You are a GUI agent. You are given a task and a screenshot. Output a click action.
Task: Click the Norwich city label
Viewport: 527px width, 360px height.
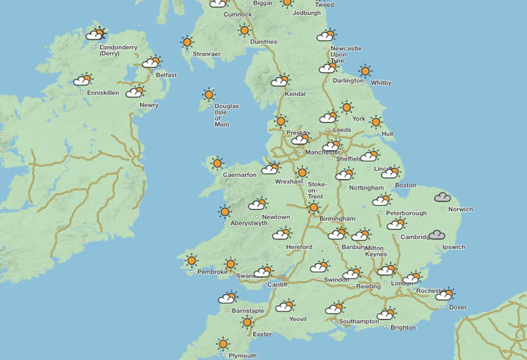click(460, 209)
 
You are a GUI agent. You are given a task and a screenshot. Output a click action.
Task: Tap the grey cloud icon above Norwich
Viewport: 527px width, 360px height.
click(443, 197)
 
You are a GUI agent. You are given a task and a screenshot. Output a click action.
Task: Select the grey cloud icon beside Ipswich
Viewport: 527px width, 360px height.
click(437, 235)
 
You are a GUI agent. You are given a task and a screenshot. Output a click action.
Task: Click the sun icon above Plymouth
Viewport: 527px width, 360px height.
click(223, 344)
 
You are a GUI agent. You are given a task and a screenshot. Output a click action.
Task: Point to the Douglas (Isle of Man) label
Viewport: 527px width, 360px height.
click(226, 115)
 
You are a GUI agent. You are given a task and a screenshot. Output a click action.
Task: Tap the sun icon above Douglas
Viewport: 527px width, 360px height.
click(209, 95)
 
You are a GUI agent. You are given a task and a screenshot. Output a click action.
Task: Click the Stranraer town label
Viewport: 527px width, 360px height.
click(207, 53)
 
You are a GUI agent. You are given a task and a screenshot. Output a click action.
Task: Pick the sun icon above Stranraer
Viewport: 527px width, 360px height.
click(187, 42)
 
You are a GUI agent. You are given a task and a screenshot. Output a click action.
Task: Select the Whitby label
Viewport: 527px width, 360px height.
click(381, 83)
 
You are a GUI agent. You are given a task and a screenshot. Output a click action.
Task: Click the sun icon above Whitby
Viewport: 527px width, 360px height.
click(365, 71)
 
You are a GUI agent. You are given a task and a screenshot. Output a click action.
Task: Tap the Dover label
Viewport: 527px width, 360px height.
click(458, 308)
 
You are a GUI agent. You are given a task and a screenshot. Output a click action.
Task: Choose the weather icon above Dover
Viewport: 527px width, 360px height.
click(445, 294)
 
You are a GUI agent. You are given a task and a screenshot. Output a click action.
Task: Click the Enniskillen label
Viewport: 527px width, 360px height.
click(103, 93)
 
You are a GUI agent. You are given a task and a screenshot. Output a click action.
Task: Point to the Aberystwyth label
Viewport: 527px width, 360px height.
click(249, 223)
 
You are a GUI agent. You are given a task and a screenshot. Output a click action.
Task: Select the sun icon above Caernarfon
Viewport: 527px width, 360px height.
click(218, 163)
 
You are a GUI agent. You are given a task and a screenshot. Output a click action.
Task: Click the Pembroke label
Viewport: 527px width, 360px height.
click(212, 272)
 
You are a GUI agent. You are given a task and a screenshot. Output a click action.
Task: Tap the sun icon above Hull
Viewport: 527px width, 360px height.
click(375, 122)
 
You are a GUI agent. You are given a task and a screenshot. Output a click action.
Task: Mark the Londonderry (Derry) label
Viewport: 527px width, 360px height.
click(119, 50)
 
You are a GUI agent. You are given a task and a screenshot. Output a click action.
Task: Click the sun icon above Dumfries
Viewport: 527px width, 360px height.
click(244, 30)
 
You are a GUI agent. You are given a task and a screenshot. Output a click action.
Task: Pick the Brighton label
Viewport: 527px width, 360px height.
click(403, 328)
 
